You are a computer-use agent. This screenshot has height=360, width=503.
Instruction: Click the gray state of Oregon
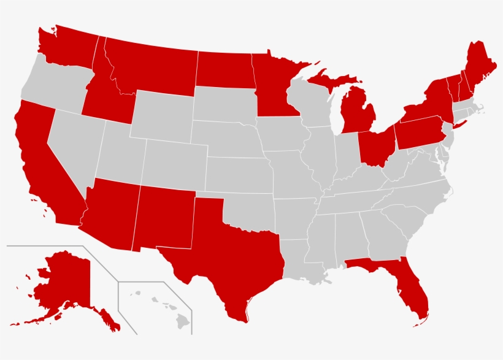(52, 86)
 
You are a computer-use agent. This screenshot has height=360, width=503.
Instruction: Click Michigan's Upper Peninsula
(331, 80)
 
